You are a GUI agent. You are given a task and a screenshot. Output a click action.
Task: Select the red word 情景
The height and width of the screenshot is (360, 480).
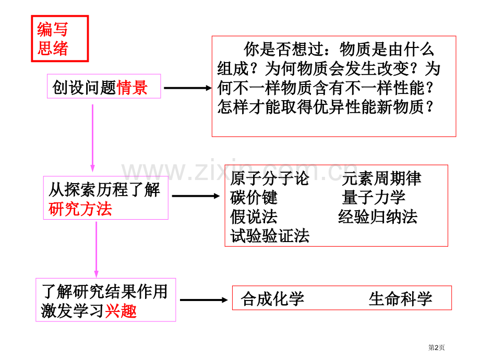click(132, 88)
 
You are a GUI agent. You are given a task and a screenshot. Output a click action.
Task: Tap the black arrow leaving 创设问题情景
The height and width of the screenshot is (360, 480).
click(188, 88)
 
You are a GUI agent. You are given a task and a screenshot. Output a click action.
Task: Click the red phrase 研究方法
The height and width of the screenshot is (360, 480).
click(80, 209)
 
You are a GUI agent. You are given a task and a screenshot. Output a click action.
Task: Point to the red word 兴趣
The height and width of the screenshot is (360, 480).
click(121, 311)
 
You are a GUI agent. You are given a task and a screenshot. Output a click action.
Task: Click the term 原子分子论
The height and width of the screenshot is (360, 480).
click(270, 178)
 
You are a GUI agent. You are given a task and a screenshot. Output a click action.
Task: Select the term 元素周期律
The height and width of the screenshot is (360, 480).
click(381, 178)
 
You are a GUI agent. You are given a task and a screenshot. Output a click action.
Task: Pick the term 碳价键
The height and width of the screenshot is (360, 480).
click(254, 197)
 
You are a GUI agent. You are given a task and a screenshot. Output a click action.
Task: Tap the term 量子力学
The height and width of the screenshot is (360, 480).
click(374, 197)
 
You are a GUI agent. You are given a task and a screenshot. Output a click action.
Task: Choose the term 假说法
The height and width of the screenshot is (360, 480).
click(254, 217)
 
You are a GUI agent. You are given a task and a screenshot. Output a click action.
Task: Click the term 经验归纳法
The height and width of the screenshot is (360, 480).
click(378, 217)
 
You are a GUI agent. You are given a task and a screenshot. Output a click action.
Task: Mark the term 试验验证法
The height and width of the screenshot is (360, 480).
click(270, 236)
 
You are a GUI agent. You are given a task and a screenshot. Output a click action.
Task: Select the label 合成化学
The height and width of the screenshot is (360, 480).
click(272, 298)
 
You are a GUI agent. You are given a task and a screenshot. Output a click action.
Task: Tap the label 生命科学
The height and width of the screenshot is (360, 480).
click(400, 298)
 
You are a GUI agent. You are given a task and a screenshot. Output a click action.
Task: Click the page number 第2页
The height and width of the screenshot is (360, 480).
click(437, 347)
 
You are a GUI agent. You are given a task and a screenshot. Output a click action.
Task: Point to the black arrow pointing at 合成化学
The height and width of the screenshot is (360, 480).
click(204, 300)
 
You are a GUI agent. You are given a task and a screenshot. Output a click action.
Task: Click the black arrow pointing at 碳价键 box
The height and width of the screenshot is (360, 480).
click(196, 196)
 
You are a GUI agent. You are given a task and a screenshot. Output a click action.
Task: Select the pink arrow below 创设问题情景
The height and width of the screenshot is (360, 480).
click(92, 138)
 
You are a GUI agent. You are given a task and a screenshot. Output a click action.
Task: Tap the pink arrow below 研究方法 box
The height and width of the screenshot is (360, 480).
click(96, 249)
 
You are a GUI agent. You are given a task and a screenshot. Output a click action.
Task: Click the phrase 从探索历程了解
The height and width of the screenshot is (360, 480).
click(104, 190)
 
